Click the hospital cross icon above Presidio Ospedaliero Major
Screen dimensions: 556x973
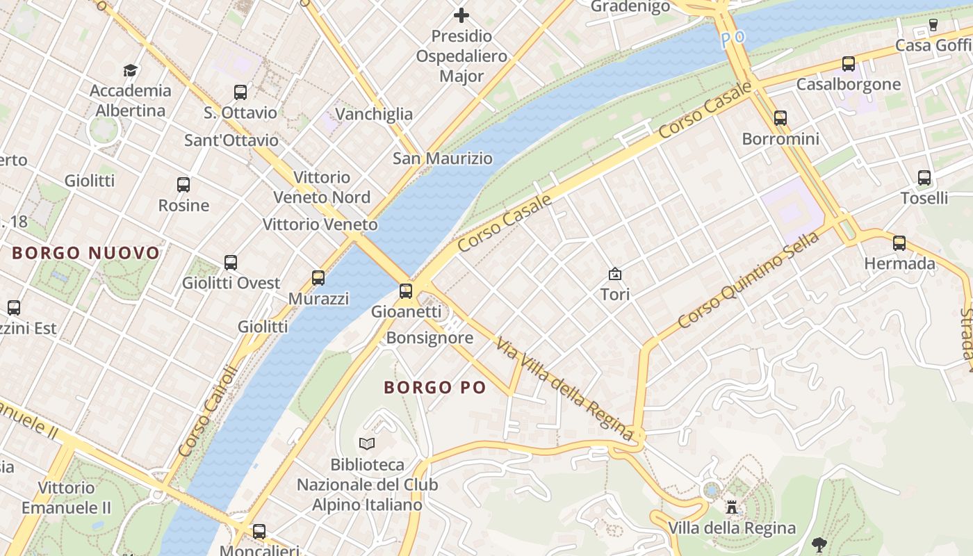pos(461,15)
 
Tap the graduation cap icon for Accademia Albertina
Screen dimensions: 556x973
pos(130,69)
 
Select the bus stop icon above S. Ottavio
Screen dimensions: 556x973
pos(240,92)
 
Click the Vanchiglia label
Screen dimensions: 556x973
pos(374,114)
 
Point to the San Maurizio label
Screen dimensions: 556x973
pos(443,158)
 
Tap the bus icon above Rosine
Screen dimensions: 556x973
pos(183,185)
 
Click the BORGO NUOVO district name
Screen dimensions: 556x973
pos(86,253)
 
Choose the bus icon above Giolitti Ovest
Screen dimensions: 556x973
pos(231,263)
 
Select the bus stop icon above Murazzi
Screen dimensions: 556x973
pos(318,278)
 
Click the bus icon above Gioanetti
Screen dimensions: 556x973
pos(406,291)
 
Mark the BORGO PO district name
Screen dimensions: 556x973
pos(435,388)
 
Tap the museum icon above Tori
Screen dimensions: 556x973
pos(615,274)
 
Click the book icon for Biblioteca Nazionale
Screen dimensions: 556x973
pos(367,443)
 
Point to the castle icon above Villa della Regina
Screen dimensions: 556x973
pos(732,507)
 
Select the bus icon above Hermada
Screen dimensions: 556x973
pos(899,243)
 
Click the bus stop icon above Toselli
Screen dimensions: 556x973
pos(924,178)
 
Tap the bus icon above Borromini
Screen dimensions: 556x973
pos(780,118)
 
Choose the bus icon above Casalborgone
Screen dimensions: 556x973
pos(849,64)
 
